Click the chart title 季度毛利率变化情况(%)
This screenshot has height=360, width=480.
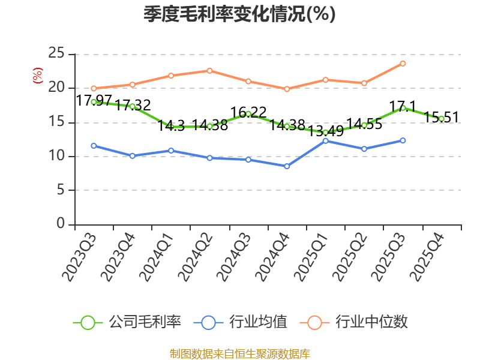point(239,14)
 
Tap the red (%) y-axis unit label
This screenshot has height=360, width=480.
point(38,76)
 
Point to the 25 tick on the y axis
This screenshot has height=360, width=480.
point(56,53)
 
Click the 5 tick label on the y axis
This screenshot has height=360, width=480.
point(61,190)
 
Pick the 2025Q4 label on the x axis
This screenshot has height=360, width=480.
point(428,257)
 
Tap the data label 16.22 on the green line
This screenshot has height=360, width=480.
point(248,112)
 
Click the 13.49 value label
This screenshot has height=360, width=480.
point(325,131)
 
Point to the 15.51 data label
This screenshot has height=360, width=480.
point(442,117)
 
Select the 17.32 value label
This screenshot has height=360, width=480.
point(133,105)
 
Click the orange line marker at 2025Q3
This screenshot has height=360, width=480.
point(403,64)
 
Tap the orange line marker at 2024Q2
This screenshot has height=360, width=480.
point(209,71)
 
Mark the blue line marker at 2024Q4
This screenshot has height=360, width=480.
point(287,166)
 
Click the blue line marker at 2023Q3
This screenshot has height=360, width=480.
point(94,146)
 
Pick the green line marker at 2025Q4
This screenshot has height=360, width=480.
point(442,119)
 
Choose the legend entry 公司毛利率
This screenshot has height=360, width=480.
point(127,322)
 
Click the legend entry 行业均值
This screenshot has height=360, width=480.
point(241,322)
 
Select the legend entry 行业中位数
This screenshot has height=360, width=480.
point(353,322)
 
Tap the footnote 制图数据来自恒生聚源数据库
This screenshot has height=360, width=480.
point(239,354)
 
